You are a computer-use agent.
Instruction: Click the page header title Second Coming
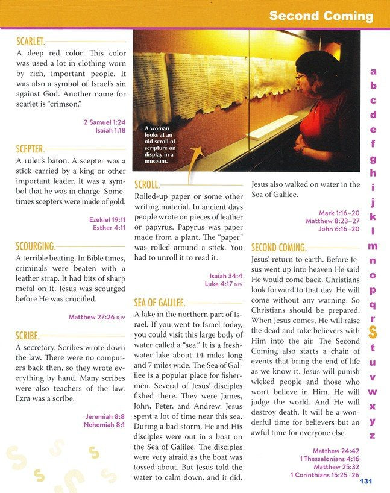pyautogui.click(x=321, y=16)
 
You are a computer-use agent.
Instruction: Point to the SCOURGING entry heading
pyautogui.click(x=35, y=246)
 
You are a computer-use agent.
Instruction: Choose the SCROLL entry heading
pyautogui.click(x=147, y=184)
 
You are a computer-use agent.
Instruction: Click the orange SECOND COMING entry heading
pyautogui.click(x=278, y=247)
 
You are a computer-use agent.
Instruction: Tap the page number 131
pyautogui.click(x=366, y=481)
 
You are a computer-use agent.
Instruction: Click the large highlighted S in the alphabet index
pyautogui.click(x=373, y=333)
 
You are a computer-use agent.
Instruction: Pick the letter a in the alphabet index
pyautogui.click(x=373, y=71)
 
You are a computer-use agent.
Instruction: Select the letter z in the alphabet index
pyautogui.click(x=373, y=435)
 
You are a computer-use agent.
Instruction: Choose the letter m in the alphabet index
pyautogui.click(x=373, y=246)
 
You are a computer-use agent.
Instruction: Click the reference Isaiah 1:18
pyautogui.click(x=110, y=131)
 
